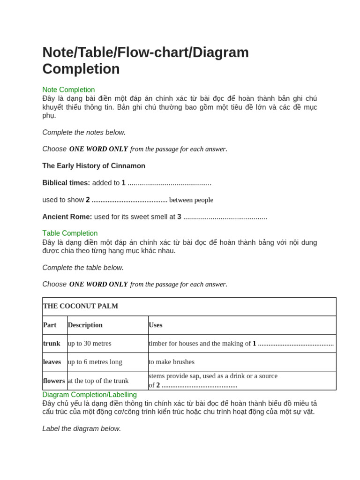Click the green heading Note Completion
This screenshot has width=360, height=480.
[x=68, y=90]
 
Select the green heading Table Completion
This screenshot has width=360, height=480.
[x=70, y=233]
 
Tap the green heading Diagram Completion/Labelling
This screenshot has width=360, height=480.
[x=90, y=395]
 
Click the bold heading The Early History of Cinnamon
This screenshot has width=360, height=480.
[x=94, y=166]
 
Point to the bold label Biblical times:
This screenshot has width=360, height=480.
[x=66, y=183]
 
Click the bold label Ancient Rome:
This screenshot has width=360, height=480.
[x=67, y=217]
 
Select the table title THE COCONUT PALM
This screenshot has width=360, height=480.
[x=81, y=306]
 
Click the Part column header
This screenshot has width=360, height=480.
[x=50, y=325]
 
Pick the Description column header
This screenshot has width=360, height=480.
[x=85, y=325]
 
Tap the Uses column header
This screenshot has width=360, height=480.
[x=156, y=325]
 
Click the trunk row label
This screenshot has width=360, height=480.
[x=52, y=343]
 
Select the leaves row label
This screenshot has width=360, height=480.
[x=52, y=362]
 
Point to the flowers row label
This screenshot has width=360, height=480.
[x=54, y=381]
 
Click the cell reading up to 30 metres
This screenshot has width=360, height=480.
[x=90, y=343]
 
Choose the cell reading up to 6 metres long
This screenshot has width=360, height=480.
[x=95, y=362]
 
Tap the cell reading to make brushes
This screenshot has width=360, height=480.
[x=172, y=362]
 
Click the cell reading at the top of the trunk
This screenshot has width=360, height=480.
[x=98, y=381]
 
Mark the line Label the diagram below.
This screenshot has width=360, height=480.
[x=82, y=428]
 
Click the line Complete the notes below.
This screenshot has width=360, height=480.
[x=84, y=132]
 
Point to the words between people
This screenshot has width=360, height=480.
[x=191, y=200]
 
